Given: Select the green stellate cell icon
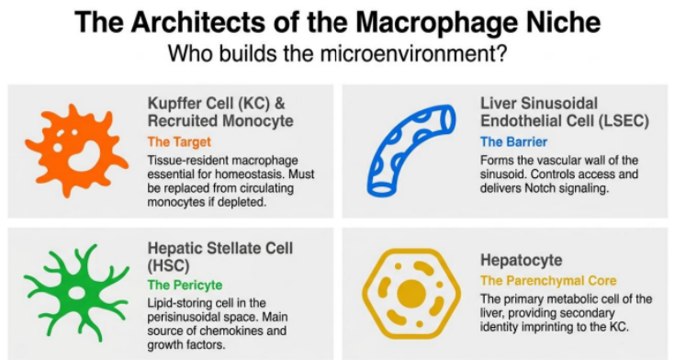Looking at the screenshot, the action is point(76,293).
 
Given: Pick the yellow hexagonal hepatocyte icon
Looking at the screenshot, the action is point(411,295).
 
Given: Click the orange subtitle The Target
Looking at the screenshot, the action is point(179,141).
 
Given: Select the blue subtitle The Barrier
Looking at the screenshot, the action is point(513,141).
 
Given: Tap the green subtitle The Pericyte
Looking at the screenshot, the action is point(185,285).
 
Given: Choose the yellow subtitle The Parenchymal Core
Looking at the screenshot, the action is point(548,281).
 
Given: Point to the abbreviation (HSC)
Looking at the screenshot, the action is point(168,265).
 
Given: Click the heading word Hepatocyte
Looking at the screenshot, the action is point(522,260).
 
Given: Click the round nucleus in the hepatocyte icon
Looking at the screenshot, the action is point(411,295).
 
